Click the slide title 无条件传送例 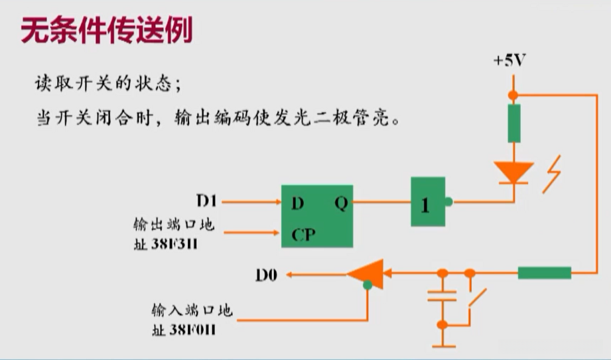pos(107,30)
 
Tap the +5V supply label pos(509,61)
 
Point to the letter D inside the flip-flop pos(297,204)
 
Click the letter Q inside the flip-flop pos(340,204)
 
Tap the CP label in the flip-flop pos(303,233)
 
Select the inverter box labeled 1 pos(427,202)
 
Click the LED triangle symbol pos(513,172)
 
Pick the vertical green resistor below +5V pos(514,123)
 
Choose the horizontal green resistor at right pos(544,272)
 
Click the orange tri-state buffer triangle pos(367,272)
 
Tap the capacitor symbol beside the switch pos(442,296)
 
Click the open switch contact pos(476,299)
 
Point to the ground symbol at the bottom pos(442,344)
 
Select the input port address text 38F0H pos(192,328)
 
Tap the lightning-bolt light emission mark pos(551,174)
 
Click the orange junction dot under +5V pos(513,95)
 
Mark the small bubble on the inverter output pos(449,202)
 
